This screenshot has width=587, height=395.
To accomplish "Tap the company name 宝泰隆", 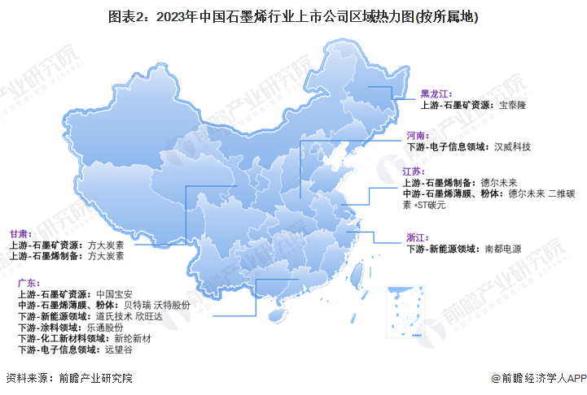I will click(x=514, y=105).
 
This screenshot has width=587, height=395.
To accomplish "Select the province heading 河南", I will click(x=416, y=135).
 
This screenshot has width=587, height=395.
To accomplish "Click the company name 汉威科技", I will click(x=512, y=146).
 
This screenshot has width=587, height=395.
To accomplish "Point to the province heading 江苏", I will click(x=413, y=172).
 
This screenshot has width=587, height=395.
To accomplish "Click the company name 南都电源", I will click(x=502, y=249).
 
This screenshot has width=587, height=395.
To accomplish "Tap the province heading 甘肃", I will click(x=20, y=232).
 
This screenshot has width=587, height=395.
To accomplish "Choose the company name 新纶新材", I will click(x=130, y=338).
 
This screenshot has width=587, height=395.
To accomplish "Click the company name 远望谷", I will click(x=120, y=349).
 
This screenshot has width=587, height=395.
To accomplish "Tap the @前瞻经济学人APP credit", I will click(x=538, y=378).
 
